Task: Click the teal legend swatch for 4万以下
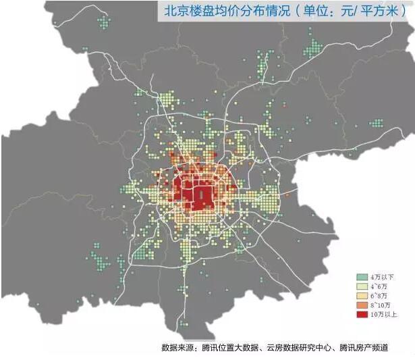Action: pyautogui.click(x=363, y=277)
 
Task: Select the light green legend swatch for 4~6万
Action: pyautogui.click(x=363, y=286)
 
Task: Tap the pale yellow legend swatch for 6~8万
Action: pyautogui.click(x=363, y=296)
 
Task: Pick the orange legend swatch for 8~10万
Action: pyautogui.click(x=363, y=305)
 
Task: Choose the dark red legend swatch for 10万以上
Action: pyautogui.click(x=363, y=315)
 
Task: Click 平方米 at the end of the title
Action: pyautogui.click(x=385, y=11)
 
